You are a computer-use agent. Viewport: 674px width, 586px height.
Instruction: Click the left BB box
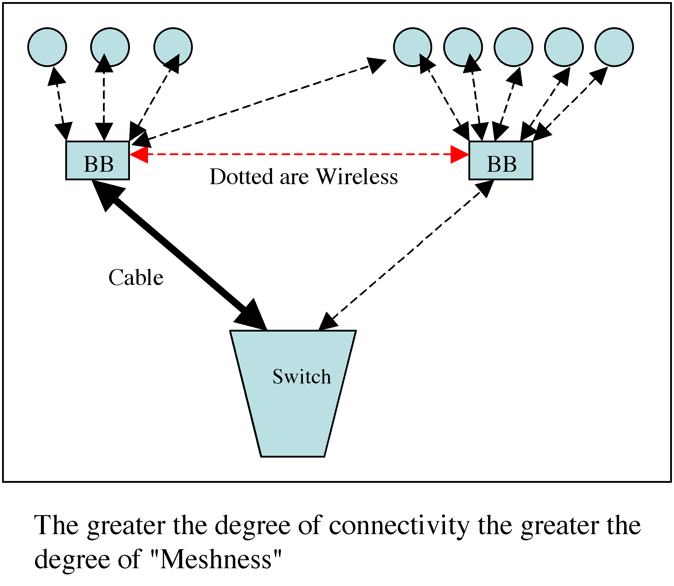click(98, 160)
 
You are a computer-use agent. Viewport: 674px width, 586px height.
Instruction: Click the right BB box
click(501, 160)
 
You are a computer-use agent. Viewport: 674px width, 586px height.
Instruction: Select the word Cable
click(136, 278)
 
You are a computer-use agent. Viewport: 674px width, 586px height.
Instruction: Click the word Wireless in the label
click(357, 177)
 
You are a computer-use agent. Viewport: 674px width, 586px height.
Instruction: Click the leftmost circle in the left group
click(47, 47)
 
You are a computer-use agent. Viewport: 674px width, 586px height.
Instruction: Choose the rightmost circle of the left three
click(173, 47)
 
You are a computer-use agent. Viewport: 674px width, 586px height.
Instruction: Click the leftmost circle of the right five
click(412, 47)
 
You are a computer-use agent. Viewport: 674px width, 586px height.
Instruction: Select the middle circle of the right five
click(514, 47)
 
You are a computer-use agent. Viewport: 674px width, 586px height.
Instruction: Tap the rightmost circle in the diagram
click(614, 47)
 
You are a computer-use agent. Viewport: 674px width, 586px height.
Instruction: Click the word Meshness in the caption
click(216, 560)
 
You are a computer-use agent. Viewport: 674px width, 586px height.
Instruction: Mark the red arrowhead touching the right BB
click(460, 154)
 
